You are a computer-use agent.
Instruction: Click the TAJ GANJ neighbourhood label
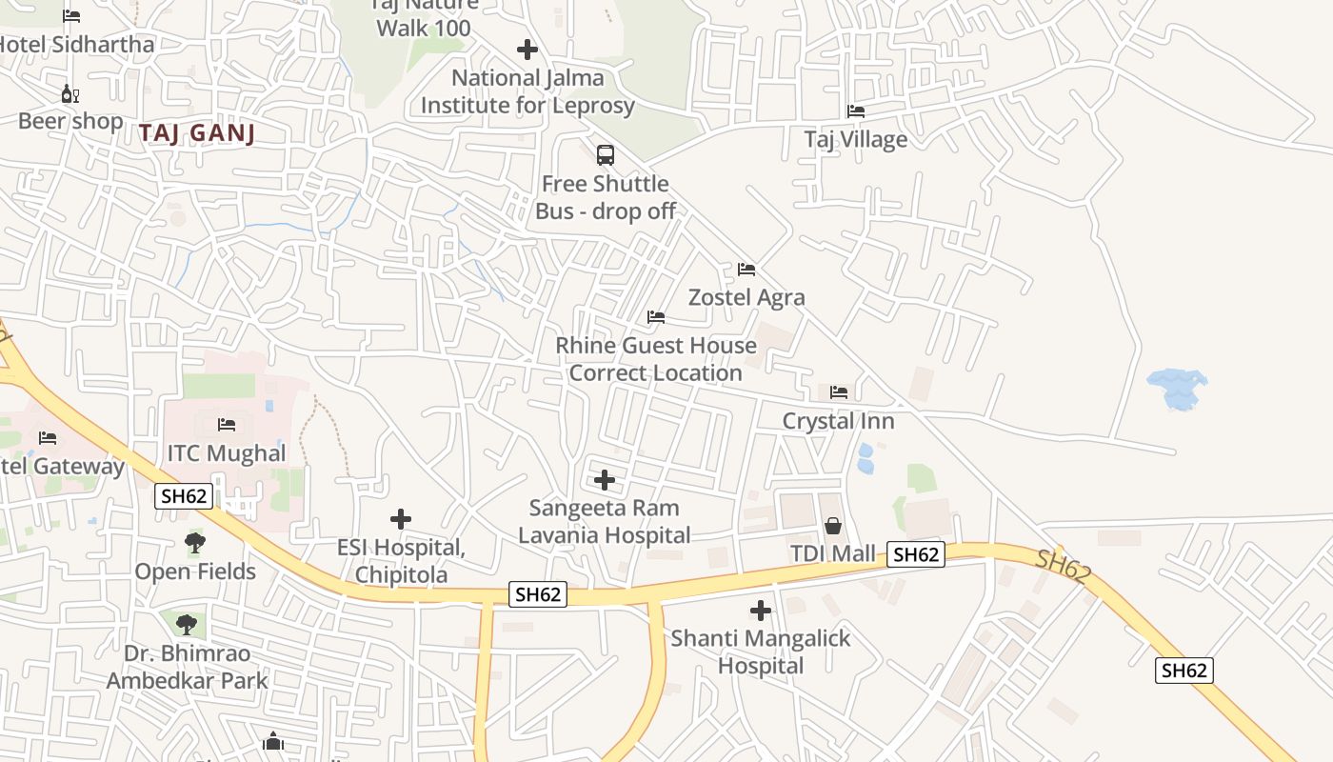[x=197, y=132]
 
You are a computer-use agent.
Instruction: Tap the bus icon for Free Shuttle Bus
[x=605, y=154]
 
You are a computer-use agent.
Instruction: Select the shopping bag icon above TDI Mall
[x=833, y=525]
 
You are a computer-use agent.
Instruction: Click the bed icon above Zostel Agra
[x=746, y=270]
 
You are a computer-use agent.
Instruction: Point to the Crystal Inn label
[x=838, y=421]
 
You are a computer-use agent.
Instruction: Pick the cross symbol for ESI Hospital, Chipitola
[x=401, y=519]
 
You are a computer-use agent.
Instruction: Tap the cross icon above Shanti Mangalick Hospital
[x=761, y=610]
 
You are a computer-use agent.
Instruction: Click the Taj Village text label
[x=855, y=139]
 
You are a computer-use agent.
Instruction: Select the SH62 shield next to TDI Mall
[x=916, y=554]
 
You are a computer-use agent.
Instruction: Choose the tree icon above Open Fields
[x=195, y=543]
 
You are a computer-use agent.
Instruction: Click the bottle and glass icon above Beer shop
[x=70, y=93]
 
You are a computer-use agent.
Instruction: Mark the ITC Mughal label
[x=227, y=453]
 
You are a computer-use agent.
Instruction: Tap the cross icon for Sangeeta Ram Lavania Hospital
[x=604, y=479]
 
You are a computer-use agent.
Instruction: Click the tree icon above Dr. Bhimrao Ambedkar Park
[x=187, y=625]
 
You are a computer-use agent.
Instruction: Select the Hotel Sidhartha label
[x=76, y=44]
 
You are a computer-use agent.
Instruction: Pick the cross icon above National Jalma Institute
[x=527, y=50]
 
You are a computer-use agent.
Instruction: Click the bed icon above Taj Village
[x=856, y=111]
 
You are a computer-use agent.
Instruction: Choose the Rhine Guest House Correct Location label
[x=656, y=359]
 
